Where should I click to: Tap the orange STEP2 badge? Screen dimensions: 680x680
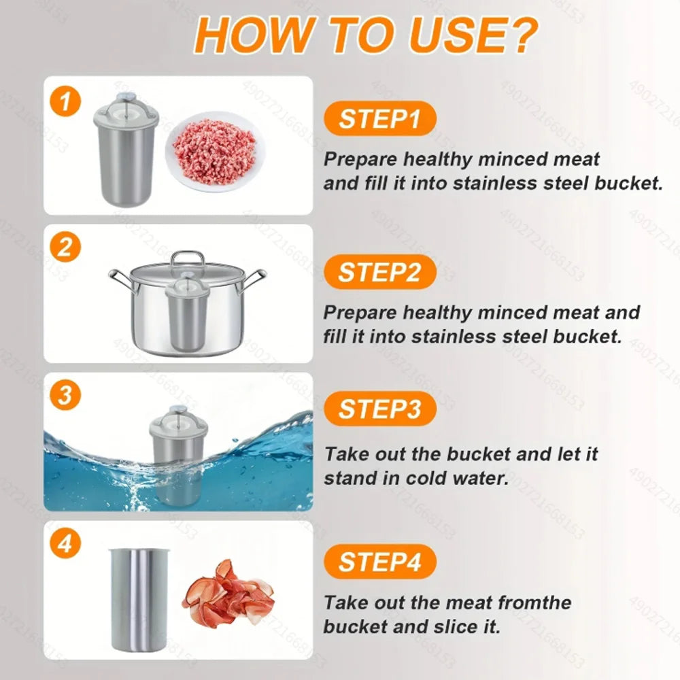380,272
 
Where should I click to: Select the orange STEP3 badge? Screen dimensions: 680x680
380,409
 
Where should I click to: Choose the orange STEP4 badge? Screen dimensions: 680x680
380,562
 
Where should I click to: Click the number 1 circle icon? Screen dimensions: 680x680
65,103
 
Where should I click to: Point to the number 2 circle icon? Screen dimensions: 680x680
65,247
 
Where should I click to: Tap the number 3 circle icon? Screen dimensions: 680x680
65,395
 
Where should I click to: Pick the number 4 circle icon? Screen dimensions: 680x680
65,544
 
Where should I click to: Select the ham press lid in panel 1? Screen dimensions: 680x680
126,107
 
